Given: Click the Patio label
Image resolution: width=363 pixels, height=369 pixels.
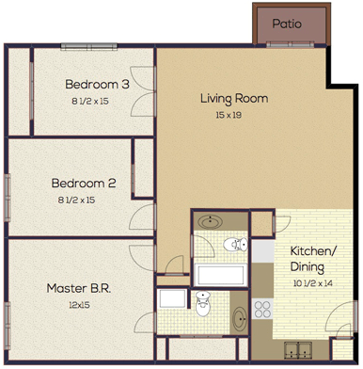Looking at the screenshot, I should (287, 24).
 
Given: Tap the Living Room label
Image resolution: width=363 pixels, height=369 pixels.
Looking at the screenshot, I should (234, 99).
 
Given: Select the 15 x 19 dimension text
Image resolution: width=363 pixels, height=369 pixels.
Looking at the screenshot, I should (229, 116).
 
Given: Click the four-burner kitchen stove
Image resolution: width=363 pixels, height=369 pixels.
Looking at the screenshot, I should (262, 310).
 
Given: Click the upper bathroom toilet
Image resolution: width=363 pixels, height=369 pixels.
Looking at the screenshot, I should (235, 246).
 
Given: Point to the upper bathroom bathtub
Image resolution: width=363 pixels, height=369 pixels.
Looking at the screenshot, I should (222, 275).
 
